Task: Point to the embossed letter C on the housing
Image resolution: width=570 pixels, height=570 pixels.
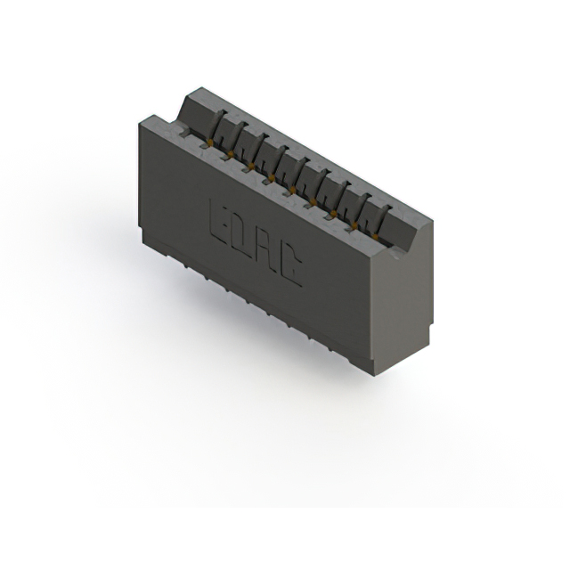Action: pos(289,267)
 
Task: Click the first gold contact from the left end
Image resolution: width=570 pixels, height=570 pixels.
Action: pos(209,141)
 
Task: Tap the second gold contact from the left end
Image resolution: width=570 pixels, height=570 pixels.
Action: pos(230,153)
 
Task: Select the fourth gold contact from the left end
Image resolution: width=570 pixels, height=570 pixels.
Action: pos(271,177)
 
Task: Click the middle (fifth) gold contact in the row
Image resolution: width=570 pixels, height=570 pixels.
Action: pos(292,189)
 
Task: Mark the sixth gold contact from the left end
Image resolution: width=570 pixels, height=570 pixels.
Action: pos(313,200)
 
